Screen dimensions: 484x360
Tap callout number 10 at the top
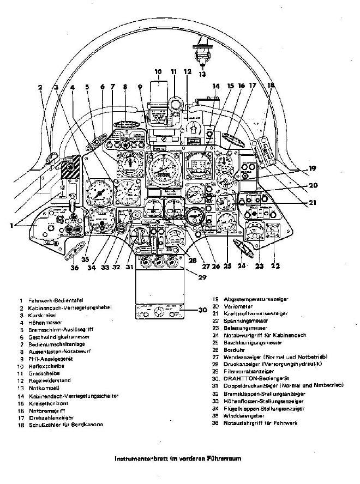point(158,71)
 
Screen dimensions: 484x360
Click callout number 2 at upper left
point(40,87)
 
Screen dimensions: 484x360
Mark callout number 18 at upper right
point(271,85)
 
